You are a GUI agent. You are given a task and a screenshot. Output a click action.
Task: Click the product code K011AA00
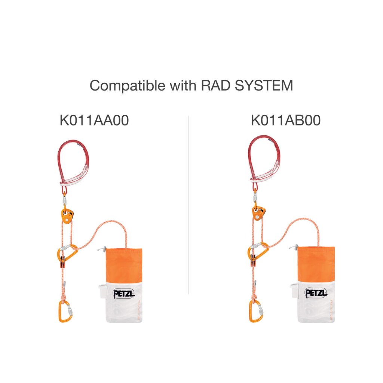[94, 120]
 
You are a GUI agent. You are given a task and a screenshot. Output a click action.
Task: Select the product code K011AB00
[286, 120]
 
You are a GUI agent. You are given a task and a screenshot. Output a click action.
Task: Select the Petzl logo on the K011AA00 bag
[123, 294]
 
